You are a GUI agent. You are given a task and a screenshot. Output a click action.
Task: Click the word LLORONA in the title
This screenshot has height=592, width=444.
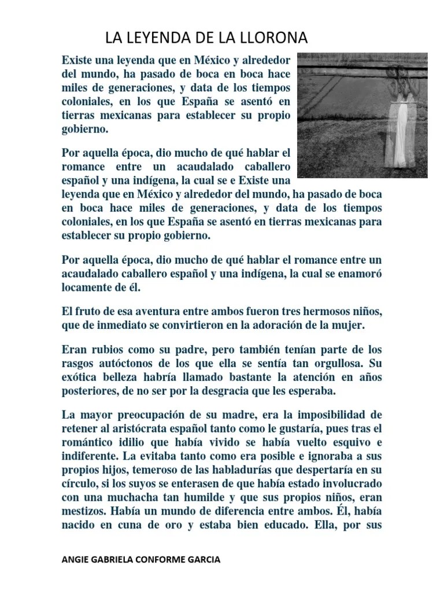[x=271, y=39]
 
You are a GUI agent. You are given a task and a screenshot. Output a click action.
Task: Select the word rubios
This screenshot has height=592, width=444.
[x=100, y=350]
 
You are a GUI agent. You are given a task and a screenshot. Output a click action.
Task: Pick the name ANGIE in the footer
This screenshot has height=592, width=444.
[x=75, y=560]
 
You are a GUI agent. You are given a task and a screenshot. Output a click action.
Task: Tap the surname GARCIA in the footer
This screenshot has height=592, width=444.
[x=205, y=560]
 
